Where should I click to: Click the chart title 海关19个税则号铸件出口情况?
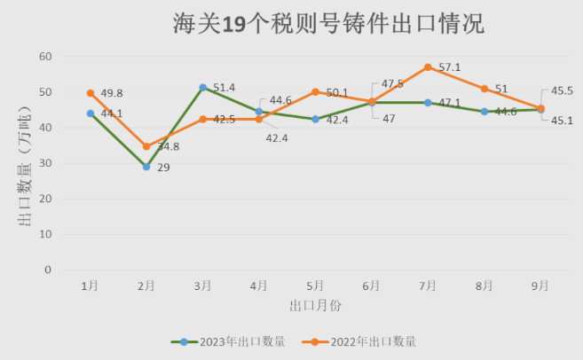pos(327,24)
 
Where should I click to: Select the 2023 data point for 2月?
pos(146,167)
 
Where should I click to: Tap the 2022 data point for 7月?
pos(428,67)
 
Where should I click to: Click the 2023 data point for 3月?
pos(203,87)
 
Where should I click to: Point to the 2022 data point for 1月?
pos(91,93)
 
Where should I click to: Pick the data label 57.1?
pos(450,67)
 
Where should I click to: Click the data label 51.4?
pos(225,87)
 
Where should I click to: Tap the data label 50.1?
pos(336,92)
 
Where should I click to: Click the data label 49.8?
pos(112,93)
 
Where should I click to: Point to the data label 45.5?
pos(563,90)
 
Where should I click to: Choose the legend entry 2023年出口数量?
pos(229,341)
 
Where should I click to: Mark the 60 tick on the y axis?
pos(46,57)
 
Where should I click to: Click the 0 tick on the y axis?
pos(49,270)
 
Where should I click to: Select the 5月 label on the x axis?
pos(315,286)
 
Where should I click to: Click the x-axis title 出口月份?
pos(315,306)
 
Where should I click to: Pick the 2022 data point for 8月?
pos(485,89)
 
